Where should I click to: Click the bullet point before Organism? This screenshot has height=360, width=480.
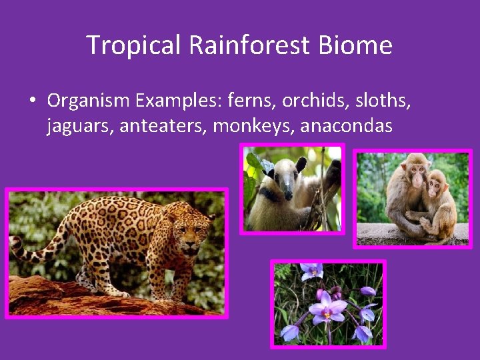point(32,101)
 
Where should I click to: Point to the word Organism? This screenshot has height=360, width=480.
point(89,101)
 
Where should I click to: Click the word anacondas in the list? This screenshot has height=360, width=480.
point(347,125)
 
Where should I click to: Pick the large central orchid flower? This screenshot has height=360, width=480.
point(327,309)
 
